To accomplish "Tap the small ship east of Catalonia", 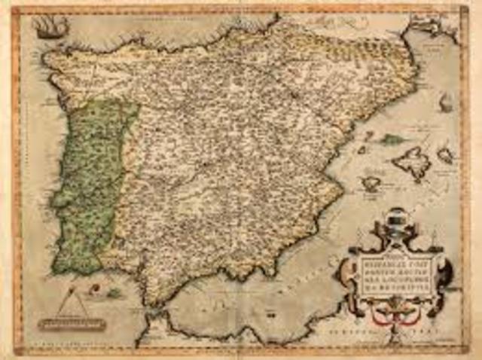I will pos(446,103).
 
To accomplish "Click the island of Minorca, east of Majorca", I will pos(446,155).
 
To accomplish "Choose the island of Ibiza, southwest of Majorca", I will pos(371,182).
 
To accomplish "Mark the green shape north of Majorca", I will pos(392,139).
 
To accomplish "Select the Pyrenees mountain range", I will pos(354,45).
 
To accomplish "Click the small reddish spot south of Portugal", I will pos(113,291).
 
